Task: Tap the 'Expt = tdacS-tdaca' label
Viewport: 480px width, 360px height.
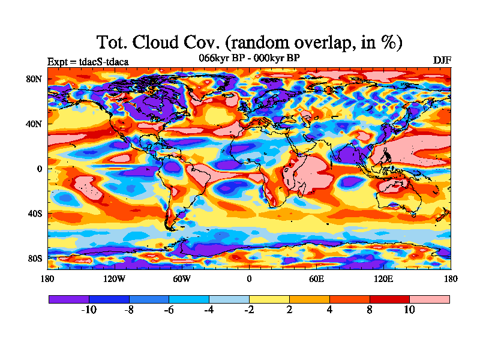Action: [88, 61]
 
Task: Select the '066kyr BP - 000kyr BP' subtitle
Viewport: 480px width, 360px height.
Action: [249, 58]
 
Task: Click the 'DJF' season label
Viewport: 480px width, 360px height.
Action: [442, 61]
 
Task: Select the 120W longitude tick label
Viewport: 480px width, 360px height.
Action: [115, 278]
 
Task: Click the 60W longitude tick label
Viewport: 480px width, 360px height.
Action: [182, 278]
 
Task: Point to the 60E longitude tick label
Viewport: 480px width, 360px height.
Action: [316, 278]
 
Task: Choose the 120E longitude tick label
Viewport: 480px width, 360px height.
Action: [383, 278]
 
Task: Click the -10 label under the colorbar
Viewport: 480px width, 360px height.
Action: [89, 310]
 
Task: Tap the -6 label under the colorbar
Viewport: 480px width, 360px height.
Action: [169, 310]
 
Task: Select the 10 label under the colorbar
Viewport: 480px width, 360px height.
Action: [409, 310]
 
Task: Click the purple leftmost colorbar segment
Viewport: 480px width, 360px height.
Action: [68, 299]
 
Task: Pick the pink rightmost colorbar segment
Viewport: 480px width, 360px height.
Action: [430, 299]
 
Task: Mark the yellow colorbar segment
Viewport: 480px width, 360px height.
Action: [269, 299]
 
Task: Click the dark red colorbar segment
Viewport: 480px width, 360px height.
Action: [389, 299]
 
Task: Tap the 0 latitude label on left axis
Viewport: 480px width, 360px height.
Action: [40, 169]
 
